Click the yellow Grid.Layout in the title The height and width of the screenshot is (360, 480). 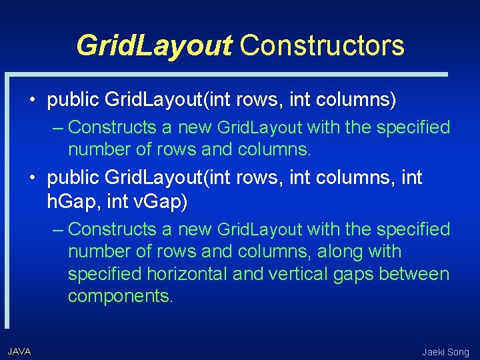[x=154, y=45]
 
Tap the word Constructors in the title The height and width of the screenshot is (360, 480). [x=322, y=45]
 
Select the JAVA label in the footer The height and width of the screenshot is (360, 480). [x=19, y=351]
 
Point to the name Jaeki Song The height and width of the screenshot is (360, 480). [x=445, y=351]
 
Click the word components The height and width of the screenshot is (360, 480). [x=120, y=297]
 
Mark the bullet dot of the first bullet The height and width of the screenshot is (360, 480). [x=33, y=101]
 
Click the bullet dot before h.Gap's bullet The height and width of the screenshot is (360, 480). [x=33, y=178]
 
